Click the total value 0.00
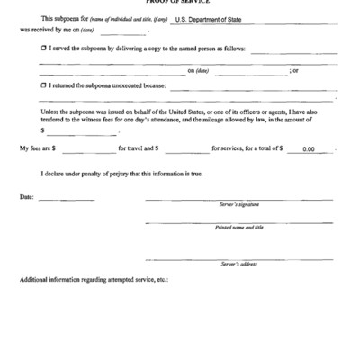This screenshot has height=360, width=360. coord(309,149)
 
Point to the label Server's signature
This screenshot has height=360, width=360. coord(238,205)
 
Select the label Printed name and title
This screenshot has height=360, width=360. coord(238,228)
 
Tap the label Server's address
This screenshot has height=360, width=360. coord(238,264)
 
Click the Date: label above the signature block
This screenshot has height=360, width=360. coord(27,196)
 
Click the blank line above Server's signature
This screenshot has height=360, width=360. coord(238,199)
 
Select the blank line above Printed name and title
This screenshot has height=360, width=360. coord(238,222)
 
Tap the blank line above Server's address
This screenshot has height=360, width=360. coord(238,258)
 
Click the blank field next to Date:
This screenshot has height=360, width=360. coord(53,198)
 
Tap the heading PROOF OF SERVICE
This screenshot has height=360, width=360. coord(180,3)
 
